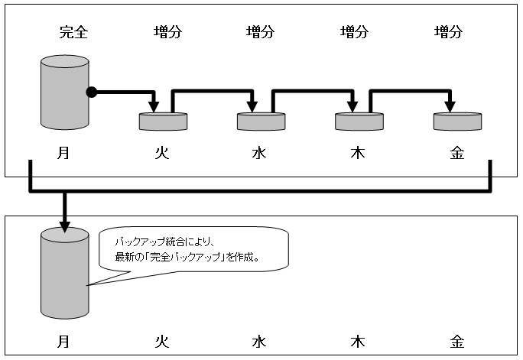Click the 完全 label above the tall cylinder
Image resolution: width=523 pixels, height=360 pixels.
tap(73, 32)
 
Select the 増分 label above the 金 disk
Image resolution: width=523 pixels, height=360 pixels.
tap(448, 32)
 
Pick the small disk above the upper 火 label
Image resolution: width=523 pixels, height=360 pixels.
tap(163, 121)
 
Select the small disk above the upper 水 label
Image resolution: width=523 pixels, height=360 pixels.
tap(261, 121)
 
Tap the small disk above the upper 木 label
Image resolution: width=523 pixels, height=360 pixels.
tap(359, 121)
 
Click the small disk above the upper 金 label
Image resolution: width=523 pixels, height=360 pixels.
tap(457, 121)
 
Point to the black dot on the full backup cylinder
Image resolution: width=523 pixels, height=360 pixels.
tap(91, 92)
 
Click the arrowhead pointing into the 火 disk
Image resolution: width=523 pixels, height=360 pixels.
tap(154, 105)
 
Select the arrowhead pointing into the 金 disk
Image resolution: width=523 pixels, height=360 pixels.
tap(449, 105)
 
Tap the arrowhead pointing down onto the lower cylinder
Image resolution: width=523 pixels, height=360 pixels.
tap(65, 225)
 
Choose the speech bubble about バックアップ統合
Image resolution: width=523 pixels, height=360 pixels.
tap(195, 248)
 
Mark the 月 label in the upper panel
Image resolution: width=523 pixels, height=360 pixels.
tap(63, 153)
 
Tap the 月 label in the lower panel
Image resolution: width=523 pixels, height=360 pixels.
tap(63, 340)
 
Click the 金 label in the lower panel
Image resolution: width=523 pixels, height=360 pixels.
tap(456, 340)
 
